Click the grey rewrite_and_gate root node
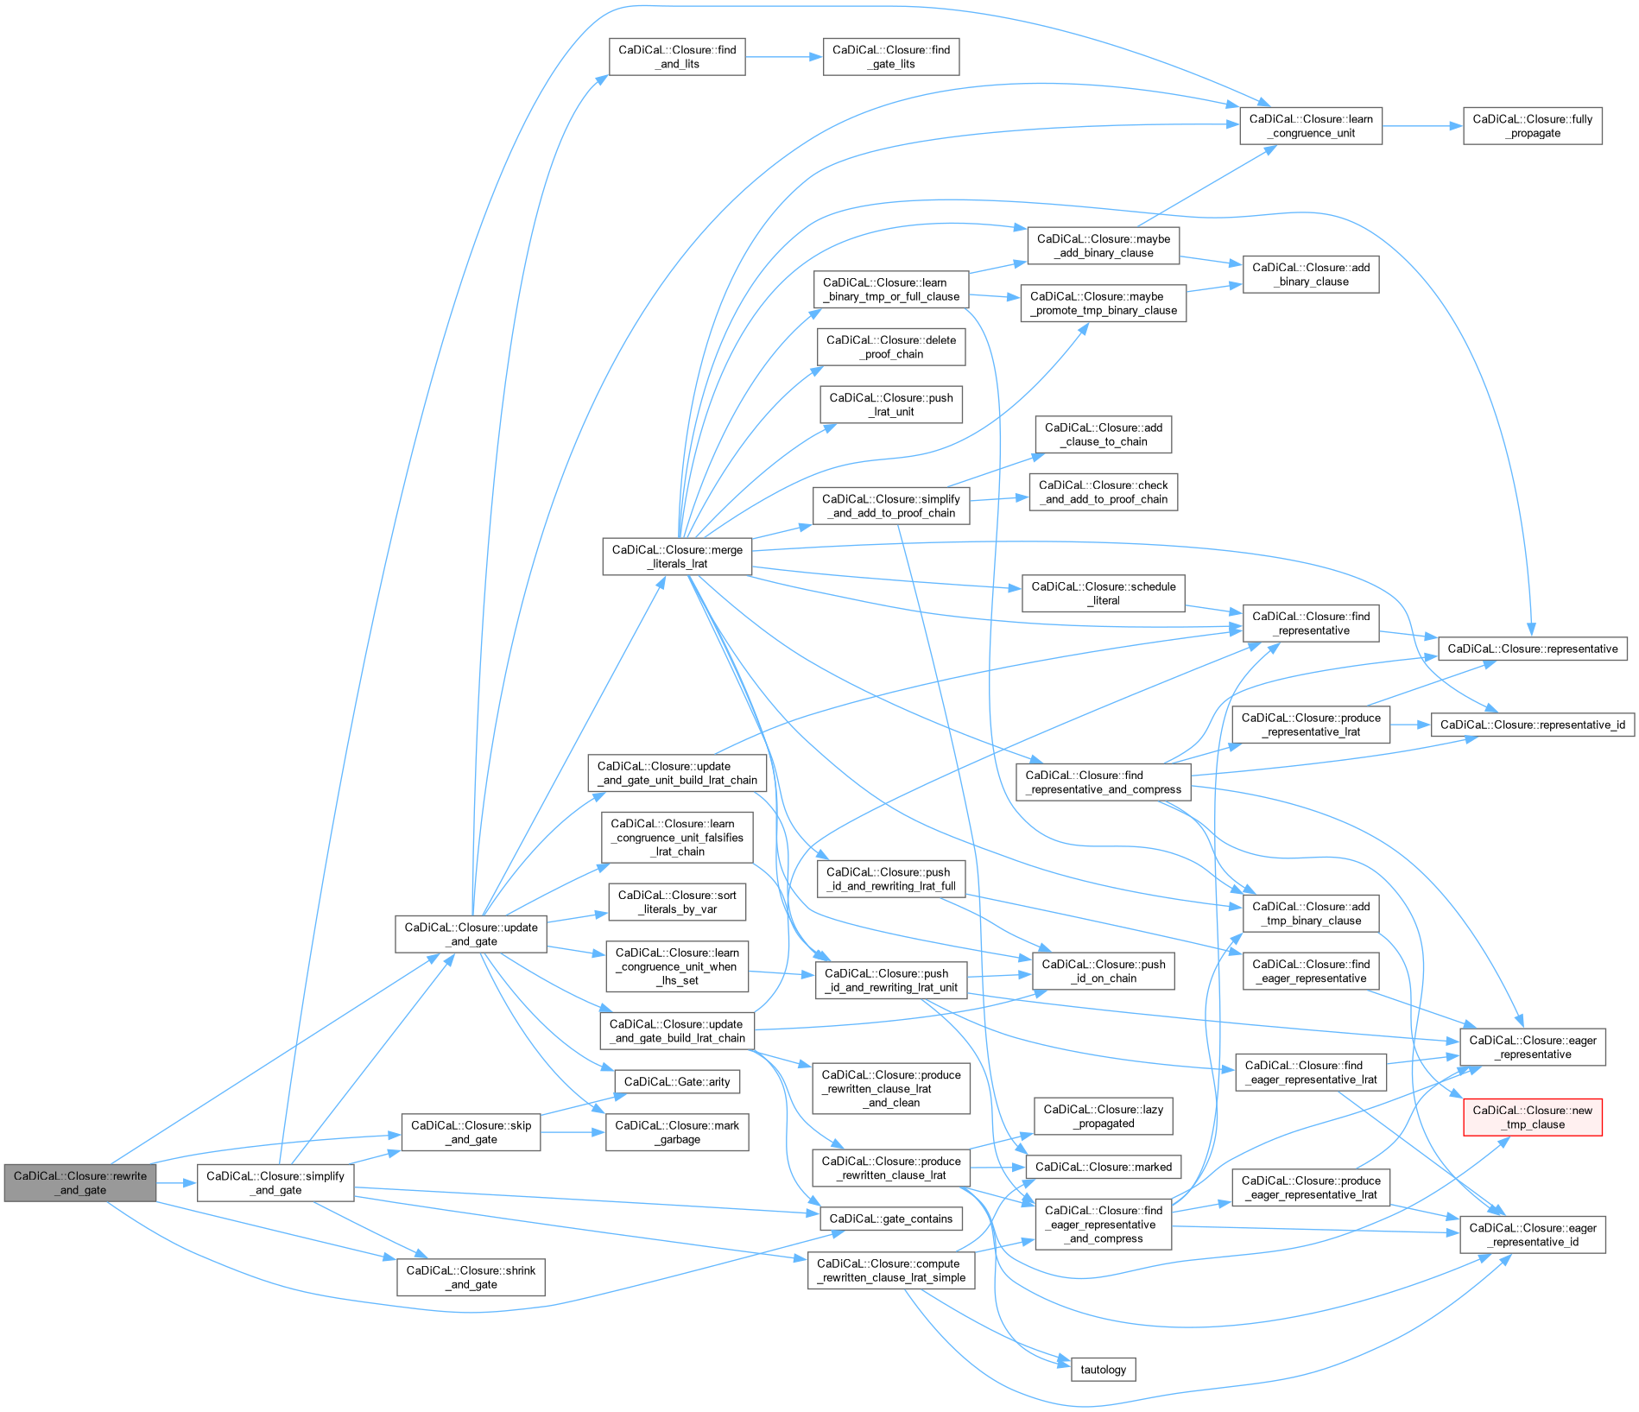click(80, 1182)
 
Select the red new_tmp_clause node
click(1532, 1117)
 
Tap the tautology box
click(1103, 1370)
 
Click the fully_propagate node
click(1532, 126)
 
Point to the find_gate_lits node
click(890, 57)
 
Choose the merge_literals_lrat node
click(677, 557)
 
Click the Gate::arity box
click(677, 1081)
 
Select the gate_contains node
click(890, 1219)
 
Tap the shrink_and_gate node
click(471, 1277)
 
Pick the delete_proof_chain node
click(890, 347)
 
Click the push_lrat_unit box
click(890, 405)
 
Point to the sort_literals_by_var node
click(677, 902)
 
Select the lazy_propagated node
click(1103, 1117)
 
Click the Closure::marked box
click(1103, 1167)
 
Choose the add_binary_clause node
click(1310, 275)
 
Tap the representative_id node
click(1532, 725)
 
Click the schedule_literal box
click(1103, 593)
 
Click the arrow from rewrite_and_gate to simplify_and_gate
click(177, 1182)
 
